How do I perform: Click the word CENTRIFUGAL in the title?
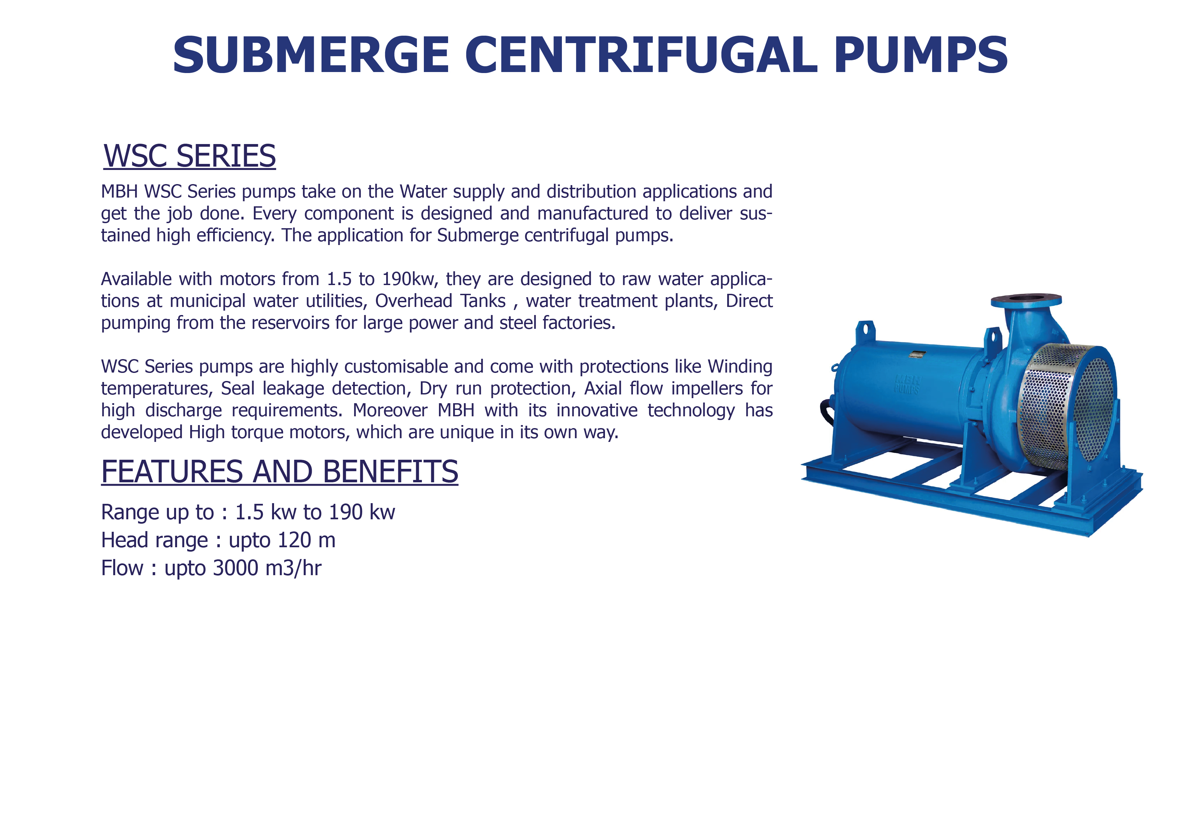[x=641, y=55]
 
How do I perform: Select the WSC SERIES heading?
[x=190, y=156]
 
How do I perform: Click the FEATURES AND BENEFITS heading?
[x=279, y=472]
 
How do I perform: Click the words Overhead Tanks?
[x=441, y=301]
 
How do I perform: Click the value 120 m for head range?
[x=307, y=540]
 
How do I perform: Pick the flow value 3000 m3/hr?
[x=267, y=568]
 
